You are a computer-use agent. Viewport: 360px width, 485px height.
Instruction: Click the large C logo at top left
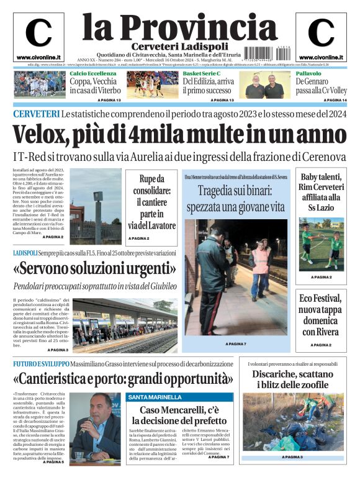[x=38, y=33]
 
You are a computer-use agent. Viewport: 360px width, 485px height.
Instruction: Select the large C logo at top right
[x=321, y=33]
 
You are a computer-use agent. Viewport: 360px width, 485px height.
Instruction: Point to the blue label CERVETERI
[x=36, y=114]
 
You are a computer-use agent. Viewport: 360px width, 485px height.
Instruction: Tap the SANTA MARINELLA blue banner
[x=155, y=397]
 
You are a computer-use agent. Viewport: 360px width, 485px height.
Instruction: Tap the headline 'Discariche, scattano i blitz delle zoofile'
[x=292, y=379]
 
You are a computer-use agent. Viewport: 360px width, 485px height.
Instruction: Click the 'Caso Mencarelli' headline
[x=179, y=416]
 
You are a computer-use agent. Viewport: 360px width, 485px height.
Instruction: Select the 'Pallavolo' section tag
[x=308, y=73]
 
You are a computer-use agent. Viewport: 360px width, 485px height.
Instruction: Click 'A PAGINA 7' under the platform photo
[x=236, y=343]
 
